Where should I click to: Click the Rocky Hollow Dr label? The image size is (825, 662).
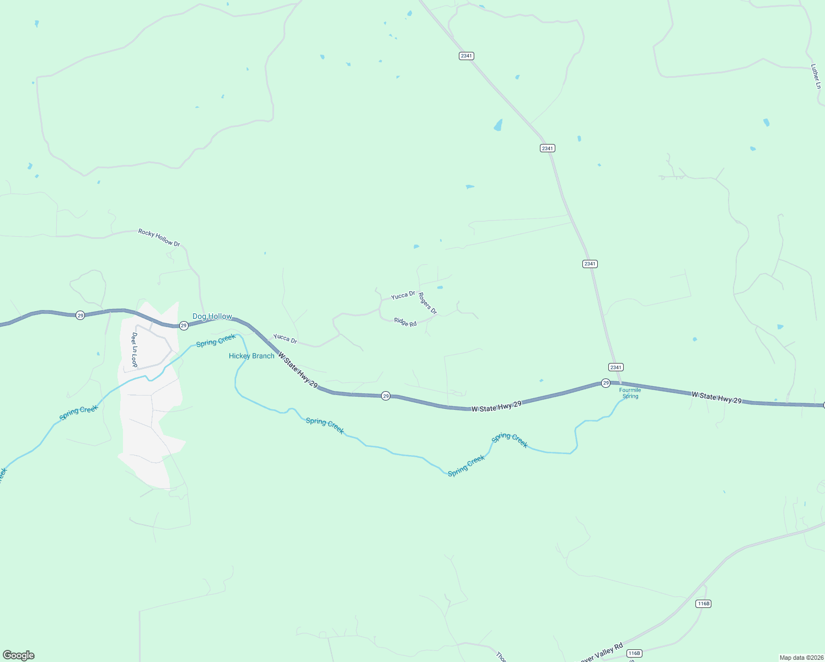[159, 238]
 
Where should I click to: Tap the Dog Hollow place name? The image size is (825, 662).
[212, 316]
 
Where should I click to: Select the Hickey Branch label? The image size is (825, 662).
[251, 356]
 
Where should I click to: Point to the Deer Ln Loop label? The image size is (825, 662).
[134, 349]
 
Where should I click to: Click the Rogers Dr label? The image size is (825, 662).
[427, 303]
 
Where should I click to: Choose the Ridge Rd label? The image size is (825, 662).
[405, 322]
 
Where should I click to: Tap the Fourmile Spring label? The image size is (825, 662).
[630, 393]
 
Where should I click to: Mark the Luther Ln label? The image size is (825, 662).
[816, 76]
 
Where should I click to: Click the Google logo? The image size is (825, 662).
[19, 655]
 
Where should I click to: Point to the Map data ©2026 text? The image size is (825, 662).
[801, 658]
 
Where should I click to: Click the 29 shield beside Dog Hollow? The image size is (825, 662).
[184, 325]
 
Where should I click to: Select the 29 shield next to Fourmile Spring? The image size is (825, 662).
[606, 383]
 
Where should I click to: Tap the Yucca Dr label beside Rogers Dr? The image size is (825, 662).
[403, 296]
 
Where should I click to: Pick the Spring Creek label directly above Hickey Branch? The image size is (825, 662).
[216, 340]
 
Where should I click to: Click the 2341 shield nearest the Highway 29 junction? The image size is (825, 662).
[616, 367]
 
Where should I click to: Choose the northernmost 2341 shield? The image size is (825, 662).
[467, 56]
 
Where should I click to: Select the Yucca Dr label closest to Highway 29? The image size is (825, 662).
[285, 338]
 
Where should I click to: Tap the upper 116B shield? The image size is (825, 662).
[704, 604]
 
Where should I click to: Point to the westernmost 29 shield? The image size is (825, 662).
[81, 316]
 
